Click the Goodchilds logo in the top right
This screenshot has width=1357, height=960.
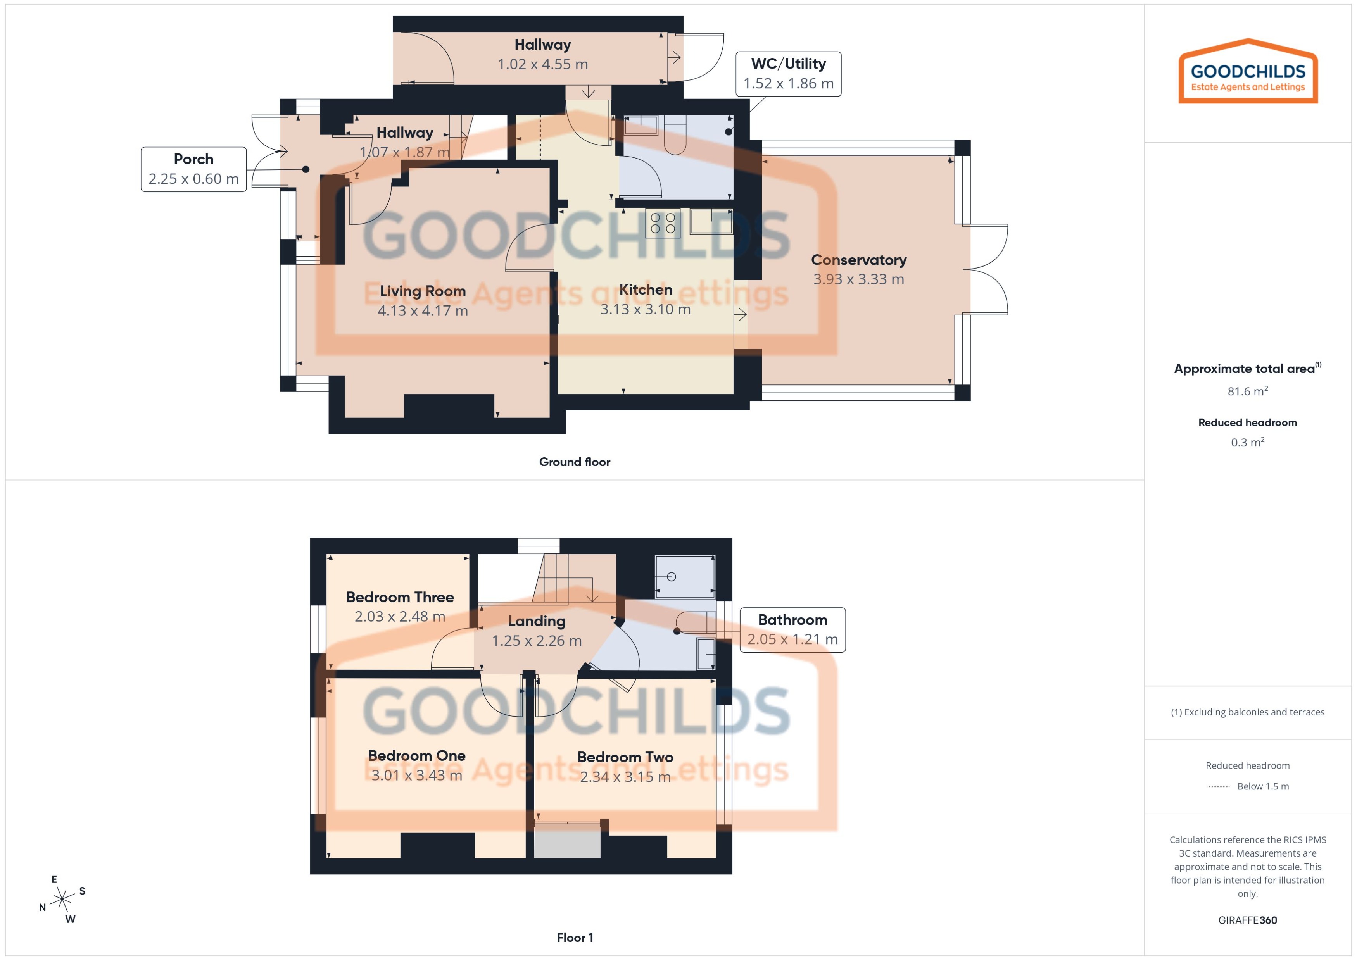pos(1248,72)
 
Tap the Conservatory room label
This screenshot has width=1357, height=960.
pos(858,260)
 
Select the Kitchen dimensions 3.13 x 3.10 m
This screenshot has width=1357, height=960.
pos(645,309)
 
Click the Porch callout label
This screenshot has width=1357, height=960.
pos(193,169)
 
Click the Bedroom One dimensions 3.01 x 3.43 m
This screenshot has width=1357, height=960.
pos(416,775)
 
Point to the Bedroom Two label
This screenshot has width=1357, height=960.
pos(625,757)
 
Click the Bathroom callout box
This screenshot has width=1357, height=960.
pos(792,629)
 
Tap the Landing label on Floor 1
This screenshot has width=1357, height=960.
pos(536,621)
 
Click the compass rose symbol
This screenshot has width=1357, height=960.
pos(62,900)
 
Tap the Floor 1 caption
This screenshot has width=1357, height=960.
pos(574,938)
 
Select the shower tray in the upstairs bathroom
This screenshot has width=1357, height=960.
pos(685,576)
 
